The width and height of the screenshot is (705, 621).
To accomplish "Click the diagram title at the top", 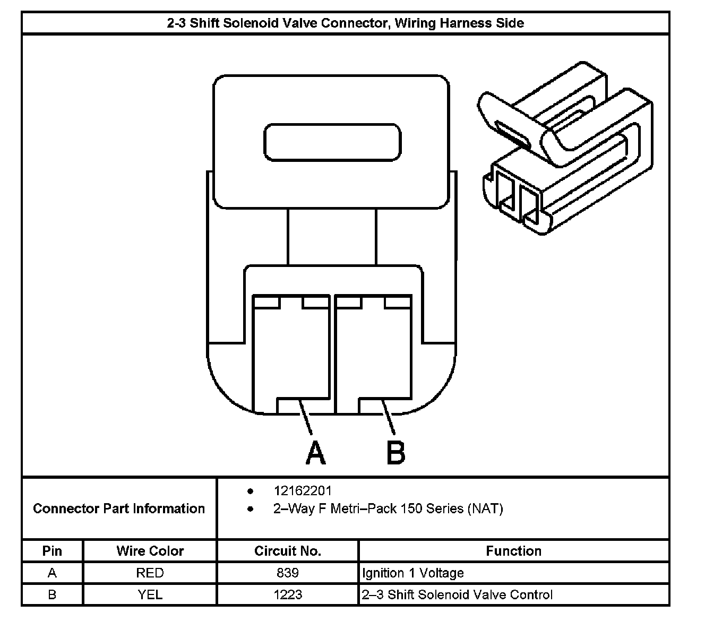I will [345, 23].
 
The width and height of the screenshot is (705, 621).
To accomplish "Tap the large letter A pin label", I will [315, 453].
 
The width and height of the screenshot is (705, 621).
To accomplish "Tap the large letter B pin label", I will [396, 453].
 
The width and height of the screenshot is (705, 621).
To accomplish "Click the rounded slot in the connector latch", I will [333, 142].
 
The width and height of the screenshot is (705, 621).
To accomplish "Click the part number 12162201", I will [303, 491].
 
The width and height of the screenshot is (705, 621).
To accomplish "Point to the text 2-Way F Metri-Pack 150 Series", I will [388, 508].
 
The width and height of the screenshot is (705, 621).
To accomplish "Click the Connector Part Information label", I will [119, 508].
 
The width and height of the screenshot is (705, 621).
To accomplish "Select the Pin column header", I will [52, 551].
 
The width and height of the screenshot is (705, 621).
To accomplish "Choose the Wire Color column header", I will [150, 551].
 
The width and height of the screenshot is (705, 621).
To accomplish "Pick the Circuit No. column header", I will [288, 551].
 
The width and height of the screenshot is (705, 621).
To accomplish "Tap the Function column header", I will [513, 551].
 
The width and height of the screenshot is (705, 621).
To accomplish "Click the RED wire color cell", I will [150, 573].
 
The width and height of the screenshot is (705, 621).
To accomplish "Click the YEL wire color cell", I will [150, 594].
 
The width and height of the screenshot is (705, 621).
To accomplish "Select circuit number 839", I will [288, 573].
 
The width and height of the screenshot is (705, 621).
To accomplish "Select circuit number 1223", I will [288, 594].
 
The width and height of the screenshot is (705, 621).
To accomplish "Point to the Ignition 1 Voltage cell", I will [413, 573].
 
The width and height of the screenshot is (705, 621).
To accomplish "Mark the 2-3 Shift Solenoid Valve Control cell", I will [457, 594].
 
